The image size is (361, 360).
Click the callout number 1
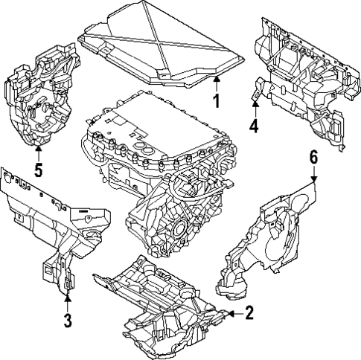coord(216,101)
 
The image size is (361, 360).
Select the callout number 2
coord(249,313)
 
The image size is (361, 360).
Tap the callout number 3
coord(68,321)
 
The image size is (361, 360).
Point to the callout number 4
coord(253,126)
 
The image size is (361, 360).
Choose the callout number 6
coord(313,156)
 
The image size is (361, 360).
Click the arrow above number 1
coord(216,81)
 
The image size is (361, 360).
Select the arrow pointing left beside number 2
coord(233,314)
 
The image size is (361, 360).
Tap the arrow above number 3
coord(68,301)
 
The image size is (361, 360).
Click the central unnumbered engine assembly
coord(164,171)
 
